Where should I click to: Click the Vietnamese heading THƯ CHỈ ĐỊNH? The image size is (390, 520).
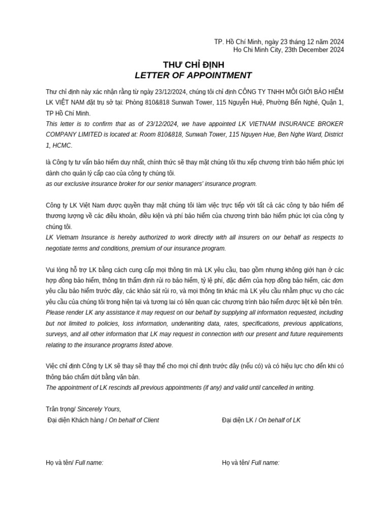pos(193,65)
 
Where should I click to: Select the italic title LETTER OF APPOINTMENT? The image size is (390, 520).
pos(193,76)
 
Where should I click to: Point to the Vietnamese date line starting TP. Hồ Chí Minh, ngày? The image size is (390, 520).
pos(279,42)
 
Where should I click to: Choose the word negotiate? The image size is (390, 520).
pos(60,248)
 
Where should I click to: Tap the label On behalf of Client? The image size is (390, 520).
pos(134,420)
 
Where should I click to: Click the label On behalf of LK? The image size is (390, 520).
pos(279,420)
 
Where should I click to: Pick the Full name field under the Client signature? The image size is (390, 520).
pos(89,463)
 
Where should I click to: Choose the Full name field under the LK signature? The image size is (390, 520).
pos(265,463)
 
